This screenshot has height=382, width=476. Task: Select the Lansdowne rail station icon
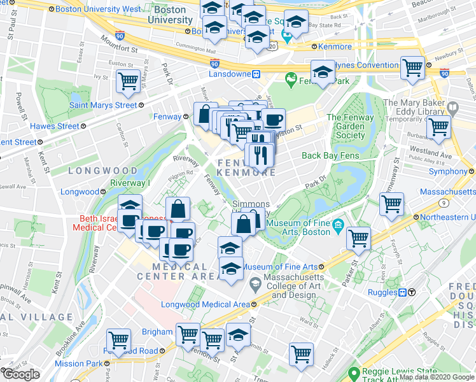point(256,74)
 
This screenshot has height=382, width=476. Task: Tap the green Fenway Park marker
point(292,80)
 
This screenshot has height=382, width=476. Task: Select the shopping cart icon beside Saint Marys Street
point(128,83)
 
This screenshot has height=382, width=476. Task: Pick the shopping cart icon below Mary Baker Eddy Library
point(438,127)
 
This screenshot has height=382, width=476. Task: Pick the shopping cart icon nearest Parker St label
point(359,239)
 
